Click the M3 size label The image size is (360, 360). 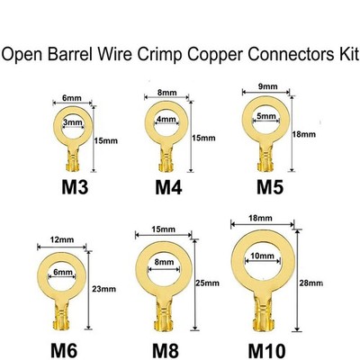[75, 187]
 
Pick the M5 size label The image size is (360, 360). [270, 187]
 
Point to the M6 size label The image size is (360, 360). [64, 350]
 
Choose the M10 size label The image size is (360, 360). [266, 350]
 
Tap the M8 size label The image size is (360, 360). [166, 350]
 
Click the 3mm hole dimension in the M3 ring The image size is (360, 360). [73, 122]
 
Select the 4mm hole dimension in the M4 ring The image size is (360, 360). [166, 119]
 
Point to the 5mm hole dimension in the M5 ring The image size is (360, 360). [266, 116]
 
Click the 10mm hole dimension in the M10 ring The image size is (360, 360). [263, 256]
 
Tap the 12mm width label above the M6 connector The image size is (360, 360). [62, 240]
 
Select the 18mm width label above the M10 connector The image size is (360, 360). [260, 218]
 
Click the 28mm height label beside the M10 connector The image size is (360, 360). [311, 283]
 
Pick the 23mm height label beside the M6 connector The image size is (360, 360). [103, 289]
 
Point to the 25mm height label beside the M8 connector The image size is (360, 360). [207, 283]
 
